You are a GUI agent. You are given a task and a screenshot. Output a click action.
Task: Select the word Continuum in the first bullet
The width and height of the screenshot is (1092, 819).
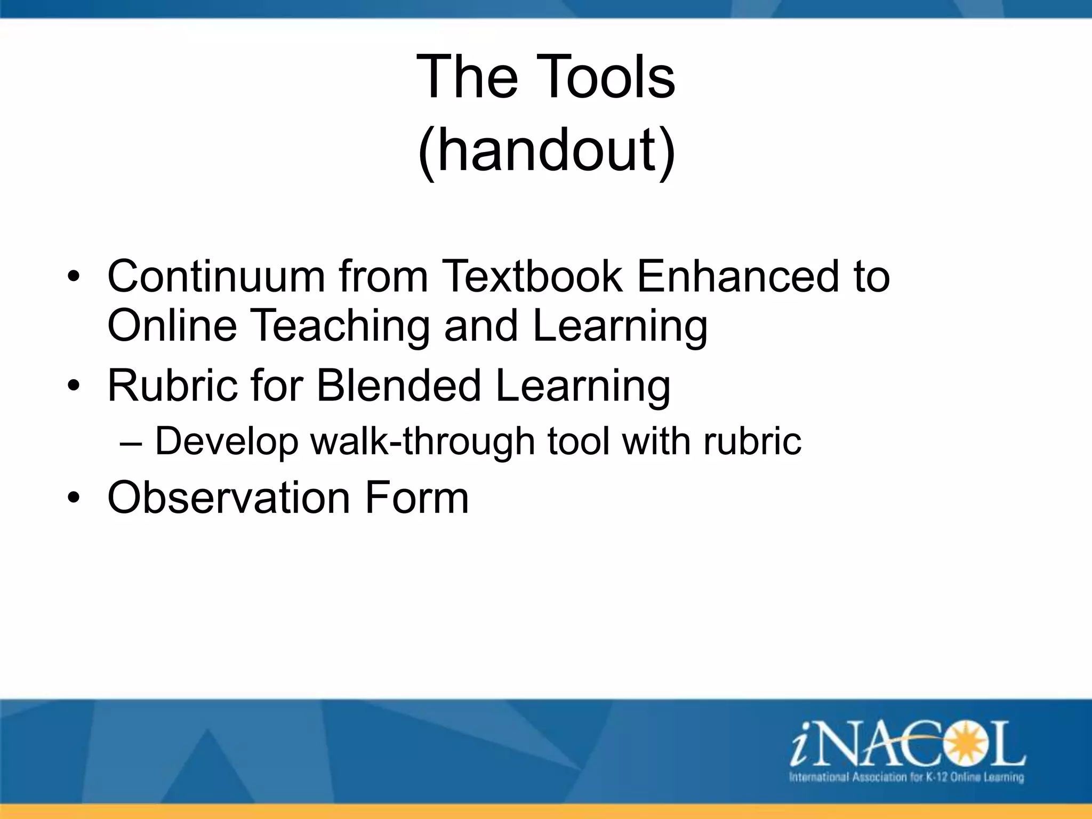coord(216,276)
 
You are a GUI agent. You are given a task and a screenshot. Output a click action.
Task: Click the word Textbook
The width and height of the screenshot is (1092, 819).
coord(532,276)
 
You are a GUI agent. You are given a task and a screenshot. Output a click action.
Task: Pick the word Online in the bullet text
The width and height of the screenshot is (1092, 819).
coord(172,326)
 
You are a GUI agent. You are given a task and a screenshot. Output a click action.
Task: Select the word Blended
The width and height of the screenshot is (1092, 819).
coord(399,386)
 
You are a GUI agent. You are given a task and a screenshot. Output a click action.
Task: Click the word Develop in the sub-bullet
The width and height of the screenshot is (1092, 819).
coord(226,442)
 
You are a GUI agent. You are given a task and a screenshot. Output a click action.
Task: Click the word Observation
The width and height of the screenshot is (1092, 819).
coord(228,497)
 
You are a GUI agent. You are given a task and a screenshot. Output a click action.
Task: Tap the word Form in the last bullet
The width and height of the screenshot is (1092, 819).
coord(416,497)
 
